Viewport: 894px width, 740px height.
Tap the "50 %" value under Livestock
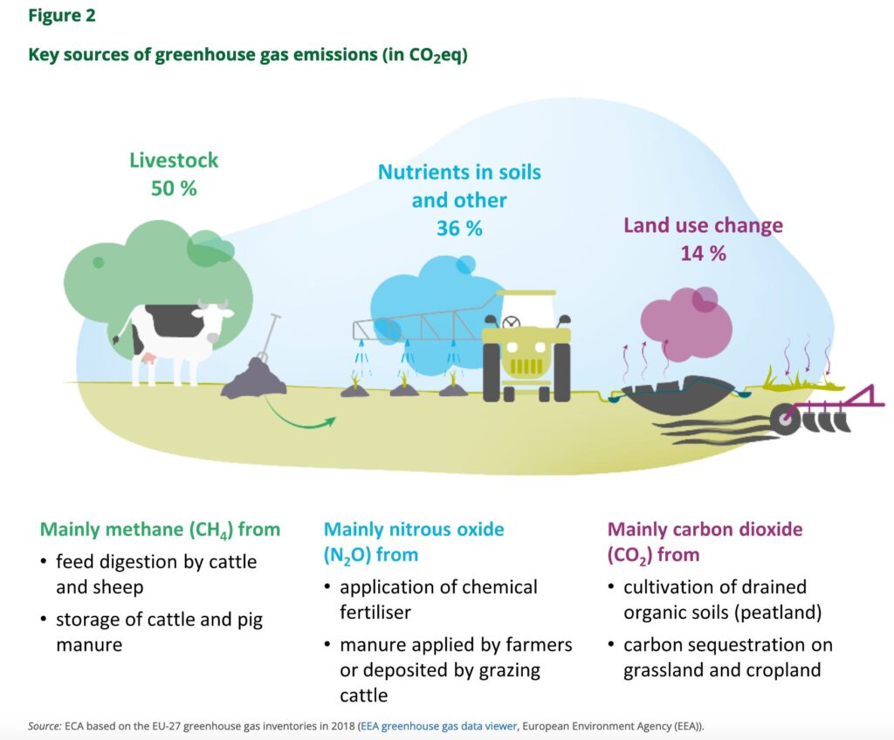[x=174, y=188]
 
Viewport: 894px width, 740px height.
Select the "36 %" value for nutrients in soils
[x=459, y=229]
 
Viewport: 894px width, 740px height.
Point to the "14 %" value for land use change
[x=703, y=253]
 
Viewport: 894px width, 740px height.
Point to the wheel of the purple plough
[x=785, y=420]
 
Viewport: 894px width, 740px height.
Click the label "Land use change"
[x=703, y=225]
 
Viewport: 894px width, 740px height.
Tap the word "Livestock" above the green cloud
[x=174, y=161]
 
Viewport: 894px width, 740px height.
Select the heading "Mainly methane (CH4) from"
[x=161, y=530]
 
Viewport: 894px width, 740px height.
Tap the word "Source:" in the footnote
[x=44, y=726]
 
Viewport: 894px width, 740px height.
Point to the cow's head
[x=214, y=312]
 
